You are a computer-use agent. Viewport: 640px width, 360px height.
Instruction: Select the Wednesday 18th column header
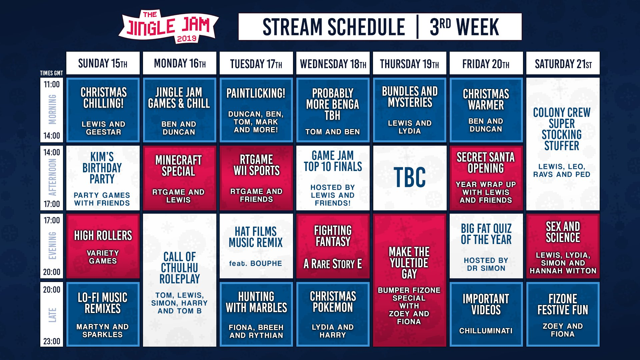333,63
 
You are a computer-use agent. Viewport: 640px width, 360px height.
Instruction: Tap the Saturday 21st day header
563,63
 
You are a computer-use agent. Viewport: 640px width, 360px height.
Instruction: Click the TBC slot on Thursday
410,178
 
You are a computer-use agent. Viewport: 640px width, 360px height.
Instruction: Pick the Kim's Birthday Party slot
103,178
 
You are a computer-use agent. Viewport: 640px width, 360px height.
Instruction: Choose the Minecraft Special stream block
180,178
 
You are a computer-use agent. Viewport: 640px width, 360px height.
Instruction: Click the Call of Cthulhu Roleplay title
180,268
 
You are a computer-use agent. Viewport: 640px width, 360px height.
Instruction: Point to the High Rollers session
103,246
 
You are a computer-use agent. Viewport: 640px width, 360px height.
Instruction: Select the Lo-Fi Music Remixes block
103,314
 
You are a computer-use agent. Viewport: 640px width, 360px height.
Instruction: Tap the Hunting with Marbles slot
256,314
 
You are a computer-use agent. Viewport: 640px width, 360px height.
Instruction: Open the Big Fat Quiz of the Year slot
486,246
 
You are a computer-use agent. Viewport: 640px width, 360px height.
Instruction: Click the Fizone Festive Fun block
563,314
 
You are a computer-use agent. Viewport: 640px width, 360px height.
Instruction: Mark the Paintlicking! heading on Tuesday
256,93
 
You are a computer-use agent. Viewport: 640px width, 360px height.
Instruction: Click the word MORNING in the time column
52,109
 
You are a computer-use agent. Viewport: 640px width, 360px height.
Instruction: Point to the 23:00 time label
52,341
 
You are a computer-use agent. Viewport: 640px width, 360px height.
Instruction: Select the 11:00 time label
52,84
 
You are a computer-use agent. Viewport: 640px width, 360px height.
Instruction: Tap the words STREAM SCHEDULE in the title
334,27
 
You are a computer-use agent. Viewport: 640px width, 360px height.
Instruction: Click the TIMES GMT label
51,73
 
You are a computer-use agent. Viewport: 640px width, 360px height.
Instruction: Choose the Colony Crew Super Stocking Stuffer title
562,129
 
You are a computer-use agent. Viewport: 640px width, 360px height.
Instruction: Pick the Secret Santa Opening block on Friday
486,178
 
